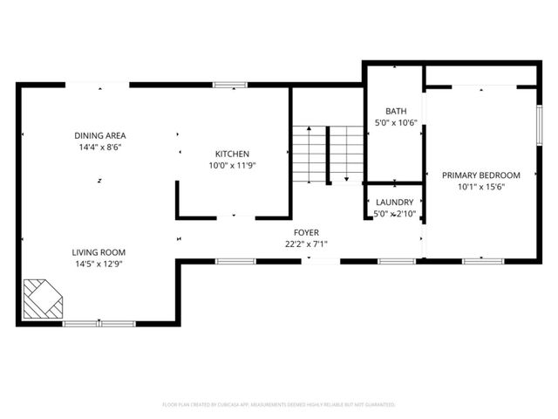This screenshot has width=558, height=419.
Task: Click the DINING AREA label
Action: coord(100,135)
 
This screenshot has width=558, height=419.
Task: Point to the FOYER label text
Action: coord(305,232)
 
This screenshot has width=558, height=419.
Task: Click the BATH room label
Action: coord(397,112)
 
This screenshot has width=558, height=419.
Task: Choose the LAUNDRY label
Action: coord(394,202)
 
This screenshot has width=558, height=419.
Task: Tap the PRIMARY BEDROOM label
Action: coord(480,175)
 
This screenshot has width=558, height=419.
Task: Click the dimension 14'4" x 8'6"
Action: coord(100,148)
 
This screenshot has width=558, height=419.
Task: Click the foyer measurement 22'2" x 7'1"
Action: coord(305,244)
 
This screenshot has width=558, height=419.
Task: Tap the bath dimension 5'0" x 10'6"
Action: coord(397,123)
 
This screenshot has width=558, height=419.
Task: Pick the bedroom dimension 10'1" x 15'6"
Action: coord(480,186)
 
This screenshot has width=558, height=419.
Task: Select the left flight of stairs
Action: coord(306,154)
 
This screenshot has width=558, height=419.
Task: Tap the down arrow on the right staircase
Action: coord(347,178)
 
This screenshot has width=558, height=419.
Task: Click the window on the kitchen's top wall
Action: coord(230,85)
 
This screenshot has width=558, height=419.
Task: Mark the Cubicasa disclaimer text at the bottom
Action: coord(279,405)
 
